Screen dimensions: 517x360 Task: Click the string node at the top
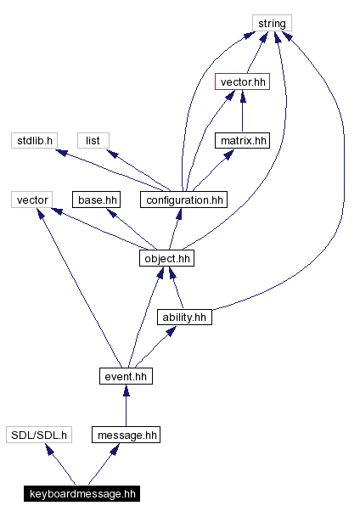[272, 24]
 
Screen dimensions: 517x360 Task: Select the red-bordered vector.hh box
[242, 82]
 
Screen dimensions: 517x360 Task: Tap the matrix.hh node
[242, 140]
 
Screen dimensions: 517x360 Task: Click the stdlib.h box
[33, 140]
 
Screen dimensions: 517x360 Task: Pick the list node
[93, 140]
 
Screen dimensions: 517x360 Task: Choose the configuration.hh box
[184, 199]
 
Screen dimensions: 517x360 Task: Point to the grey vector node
[32, 199]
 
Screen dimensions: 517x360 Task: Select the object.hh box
[166, 258]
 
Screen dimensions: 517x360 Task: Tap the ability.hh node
[184, 317]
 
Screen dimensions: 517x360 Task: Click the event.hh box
[125, 375]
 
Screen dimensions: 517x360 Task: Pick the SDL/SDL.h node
[37, 435]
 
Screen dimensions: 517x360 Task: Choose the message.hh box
[126, 435]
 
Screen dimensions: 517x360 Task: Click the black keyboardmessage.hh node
[82, 493]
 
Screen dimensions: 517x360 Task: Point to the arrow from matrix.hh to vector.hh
[242, 111]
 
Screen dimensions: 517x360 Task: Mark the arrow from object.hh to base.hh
[127, 227]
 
